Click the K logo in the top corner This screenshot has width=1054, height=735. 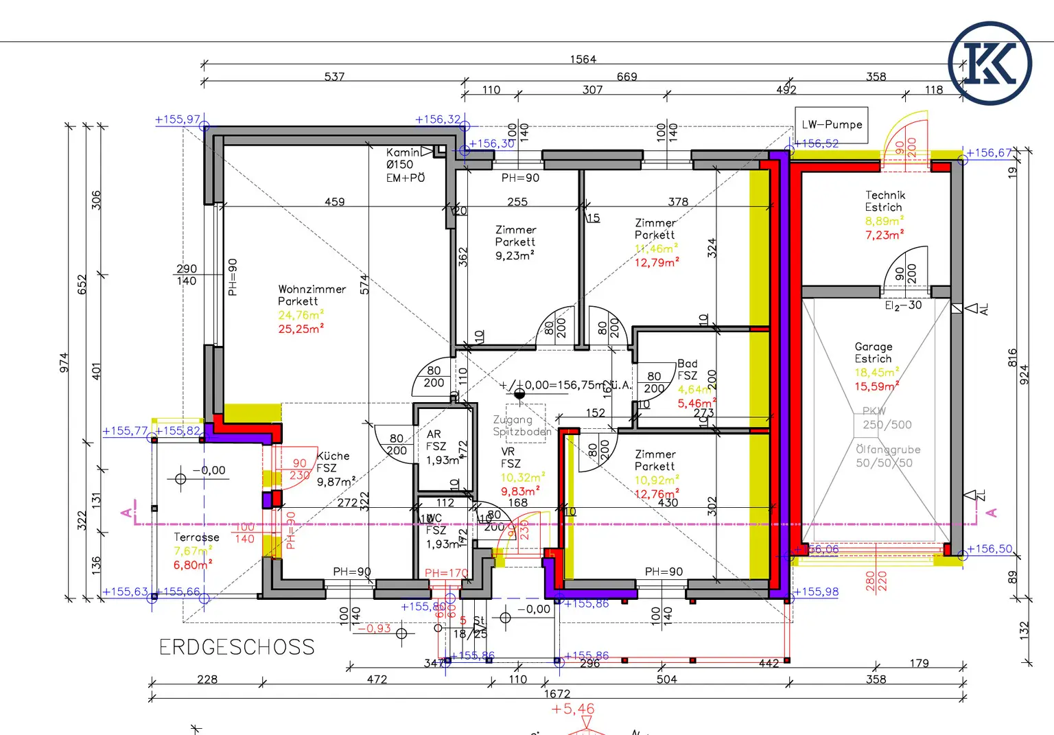989,63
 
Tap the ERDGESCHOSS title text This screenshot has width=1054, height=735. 237,647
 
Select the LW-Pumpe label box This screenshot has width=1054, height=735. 832,125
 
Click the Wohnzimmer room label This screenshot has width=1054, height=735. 312,290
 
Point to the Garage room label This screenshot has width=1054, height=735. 874,347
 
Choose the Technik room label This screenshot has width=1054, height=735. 885,196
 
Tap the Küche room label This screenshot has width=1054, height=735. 333,456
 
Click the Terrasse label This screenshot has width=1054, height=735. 196,537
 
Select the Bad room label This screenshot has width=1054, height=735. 687,364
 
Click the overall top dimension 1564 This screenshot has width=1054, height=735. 583,60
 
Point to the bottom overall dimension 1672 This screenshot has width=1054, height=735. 557,694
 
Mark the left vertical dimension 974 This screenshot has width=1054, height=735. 64,362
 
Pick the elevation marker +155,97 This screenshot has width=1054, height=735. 178,119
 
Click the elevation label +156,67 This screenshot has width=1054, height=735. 989,153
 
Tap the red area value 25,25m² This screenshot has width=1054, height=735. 301,329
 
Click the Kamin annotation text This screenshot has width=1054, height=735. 403,152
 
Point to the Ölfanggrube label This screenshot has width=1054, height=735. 888,450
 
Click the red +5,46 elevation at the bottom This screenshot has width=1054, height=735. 573,709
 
